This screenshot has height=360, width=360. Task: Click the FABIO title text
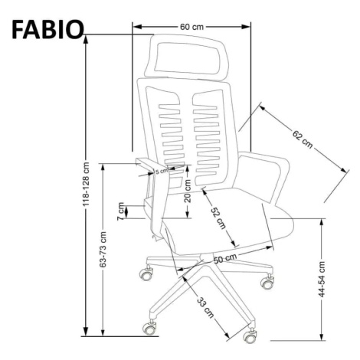click(47, 29)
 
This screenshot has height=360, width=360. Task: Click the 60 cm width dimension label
click(191, 27)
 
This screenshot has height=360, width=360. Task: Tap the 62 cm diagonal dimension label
click(303, 139)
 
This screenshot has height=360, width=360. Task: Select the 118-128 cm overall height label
click(87, 184)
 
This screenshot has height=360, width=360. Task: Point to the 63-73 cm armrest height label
click(103, 250)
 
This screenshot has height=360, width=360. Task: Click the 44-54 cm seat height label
click(322, 279)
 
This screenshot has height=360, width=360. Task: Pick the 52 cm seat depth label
click(218, 218)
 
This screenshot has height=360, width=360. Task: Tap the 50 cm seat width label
click(225, 258)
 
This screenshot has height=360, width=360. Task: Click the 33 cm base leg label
click(205, 308)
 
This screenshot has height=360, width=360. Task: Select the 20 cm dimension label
click(188, 191)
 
